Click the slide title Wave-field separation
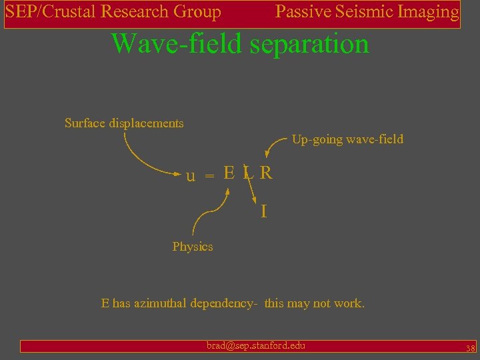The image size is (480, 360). click(x=240, y=44)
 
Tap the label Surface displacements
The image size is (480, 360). click(x=124, y=123)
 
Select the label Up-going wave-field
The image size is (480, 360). click(x=347, y=139)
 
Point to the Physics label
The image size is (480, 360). click(x=193, y=247)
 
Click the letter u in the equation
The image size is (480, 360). click(x=191, y=175)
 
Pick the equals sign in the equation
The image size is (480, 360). click(x=209, y=176)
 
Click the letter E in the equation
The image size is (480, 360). click(x=229, y=173)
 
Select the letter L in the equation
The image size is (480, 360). click(x=247, y=173)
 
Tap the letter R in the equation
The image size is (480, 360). click(x=266, y=173)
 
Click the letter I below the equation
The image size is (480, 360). click(x=264, y=212)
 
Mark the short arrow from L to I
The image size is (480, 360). click(x=253, y=192)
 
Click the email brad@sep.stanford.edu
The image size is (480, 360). click(x=256, y=345)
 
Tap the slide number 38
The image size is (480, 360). click(x=470, y=348)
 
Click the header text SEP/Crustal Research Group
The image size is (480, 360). click(x=113, y=12)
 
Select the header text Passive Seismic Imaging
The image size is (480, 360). click(x=367, y=12)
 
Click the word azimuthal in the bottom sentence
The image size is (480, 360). click(x=160, y=304)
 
